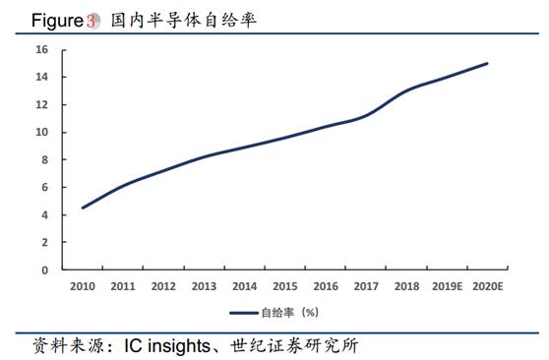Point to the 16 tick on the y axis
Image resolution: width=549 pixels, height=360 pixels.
[42, 49]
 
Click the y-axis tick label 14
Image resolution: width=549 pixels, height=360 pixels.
[42, 77]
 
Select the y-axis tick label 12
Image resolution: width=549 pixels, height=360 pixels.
[42, 104]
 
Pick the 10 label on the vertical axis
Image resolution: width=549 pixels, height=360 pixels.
[42, 132]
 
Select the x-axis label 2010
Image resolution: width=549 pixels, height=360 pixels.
[83, 286]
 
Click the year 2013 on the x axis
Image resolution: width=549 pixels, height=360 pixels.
[204, 286]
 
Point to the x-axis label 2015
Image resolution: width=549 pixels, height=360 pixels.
[284, 286]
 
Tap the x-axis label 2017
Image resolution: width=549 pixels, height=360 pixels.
[366, 286]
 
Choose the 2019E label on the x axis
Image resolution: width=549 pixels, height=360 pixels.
[447, 286]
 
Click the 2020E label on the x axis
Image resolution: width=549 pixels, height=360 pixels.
[487, 286]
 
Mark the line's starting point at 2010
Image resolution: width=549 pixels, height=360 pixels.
[83, 208]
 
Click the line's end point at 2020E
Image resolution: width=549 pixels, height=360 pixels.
[487, 64]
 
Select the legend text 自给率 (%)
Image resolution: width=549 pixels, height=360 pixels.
[288, 312]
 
